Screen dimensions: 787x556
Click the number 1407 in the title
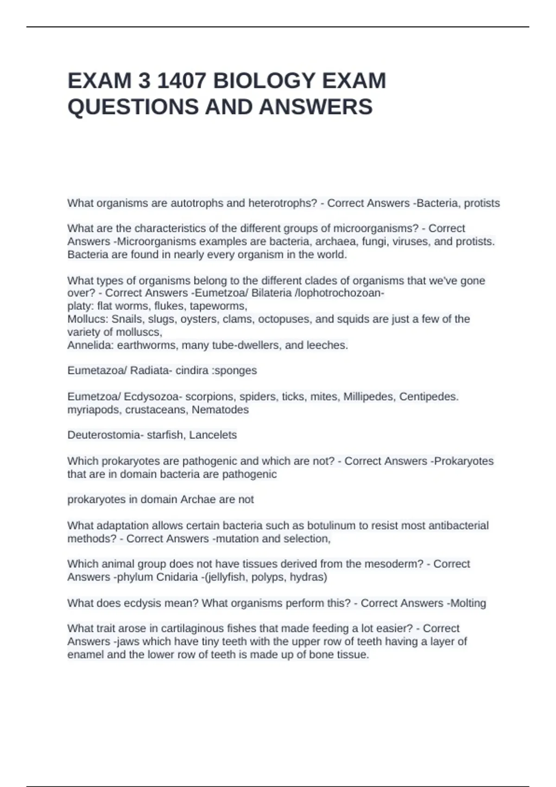(x=182, y=81)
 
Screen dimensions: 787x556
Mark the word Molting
(x=468, y=603)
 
